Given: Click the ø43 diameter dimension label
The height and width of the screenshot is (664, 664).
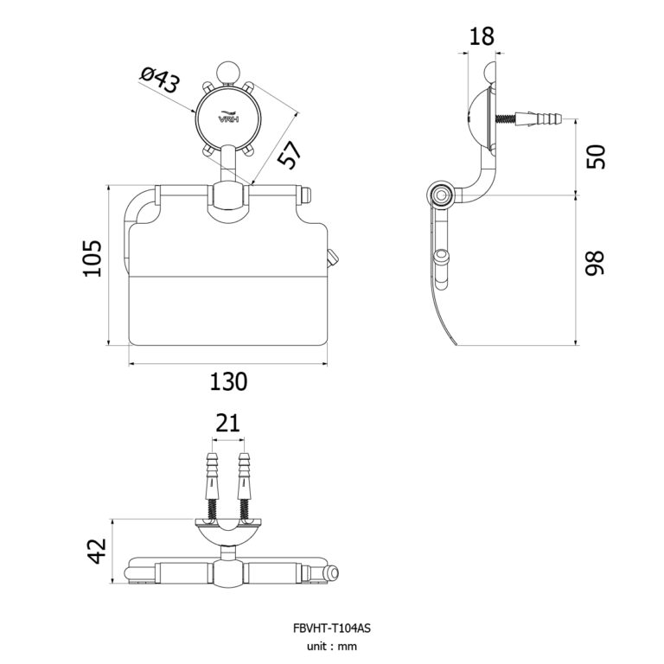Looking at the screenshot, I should click(159, 82).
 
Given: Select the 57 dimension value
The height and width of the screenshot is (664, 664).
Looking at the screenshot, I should click(288, 155).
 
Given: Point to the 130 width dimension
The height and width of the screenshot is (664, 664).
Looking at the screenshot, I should click(228, 380).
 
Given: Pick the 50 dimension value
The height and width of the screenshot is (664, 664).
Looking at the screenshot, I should click(595, 156).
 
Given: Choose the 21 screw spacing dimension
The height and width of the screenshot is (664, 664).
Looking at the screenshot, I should click(227, 423).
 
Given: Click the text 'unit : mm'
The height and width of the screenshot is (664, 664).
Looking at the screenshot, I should click(332, 646).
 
